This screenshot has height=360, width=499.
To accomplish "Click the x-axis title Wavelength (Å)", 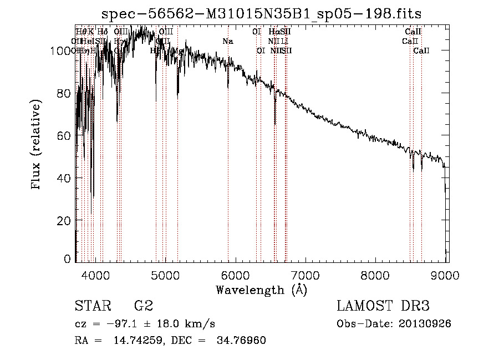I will [261, 290].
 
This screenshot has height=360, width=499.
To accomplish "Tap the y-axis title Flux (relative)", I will [37, 145].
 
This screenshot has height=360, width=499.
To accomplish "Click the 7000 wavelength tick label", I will [306, 274].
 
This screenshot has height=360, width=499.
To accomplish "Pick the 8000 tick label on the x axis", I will [376, 274].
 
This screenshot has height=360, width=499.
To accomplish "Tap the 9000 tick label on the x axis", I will [446, 274].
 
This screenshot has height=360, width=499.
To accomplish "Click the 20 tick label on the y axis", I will [65, 220].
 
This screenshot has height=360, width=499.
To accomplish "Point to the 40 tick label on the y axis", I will [65, 178].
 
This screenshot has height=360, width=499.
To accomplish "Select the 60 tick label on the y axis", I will [65, 136].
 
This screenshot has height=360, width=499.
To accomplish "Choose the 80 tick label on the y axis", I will [65, 93].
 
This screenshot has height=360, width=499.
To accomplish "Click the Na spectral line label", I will [227, 41].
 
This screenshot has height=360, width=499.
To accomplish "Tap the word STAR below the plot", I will [93, 306].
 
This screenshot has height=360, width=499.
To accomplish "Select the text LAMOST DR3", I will [383, 306].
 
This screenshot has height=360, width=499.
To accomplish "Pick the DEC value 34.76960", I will [241, 341].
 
